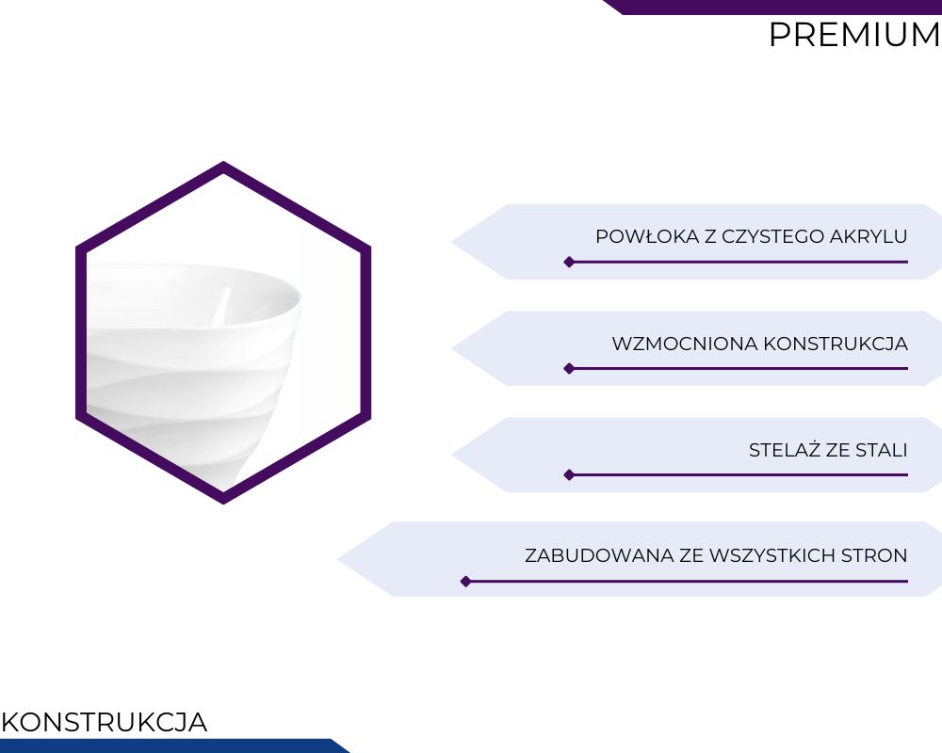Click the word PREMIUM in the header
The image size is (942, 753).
pos(855,35)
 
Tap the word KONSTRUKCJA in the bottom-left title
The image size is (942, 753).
pos(105,722)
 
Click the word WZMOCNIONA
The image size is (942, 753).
pos(685,344)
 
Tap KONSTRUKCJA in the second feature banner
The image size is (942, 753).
pos(836,344)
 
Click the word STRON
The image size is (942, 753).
pos(874,555)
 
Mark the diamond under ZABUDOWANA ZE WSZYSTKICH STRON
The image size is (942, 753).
pos(465,582)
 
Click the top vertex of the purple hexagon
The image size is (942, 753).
pos(223,162)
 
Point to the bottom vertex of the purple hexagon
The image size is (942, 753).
pos(223,504)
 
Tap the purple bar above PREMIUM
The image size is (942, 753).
pos(772,7)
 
